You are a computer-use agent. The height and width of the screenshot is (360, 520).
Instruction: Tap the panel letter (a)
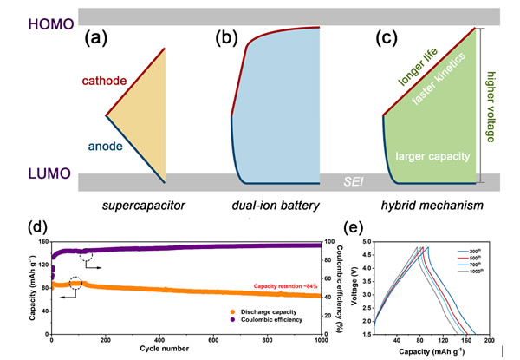point(97,38)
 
